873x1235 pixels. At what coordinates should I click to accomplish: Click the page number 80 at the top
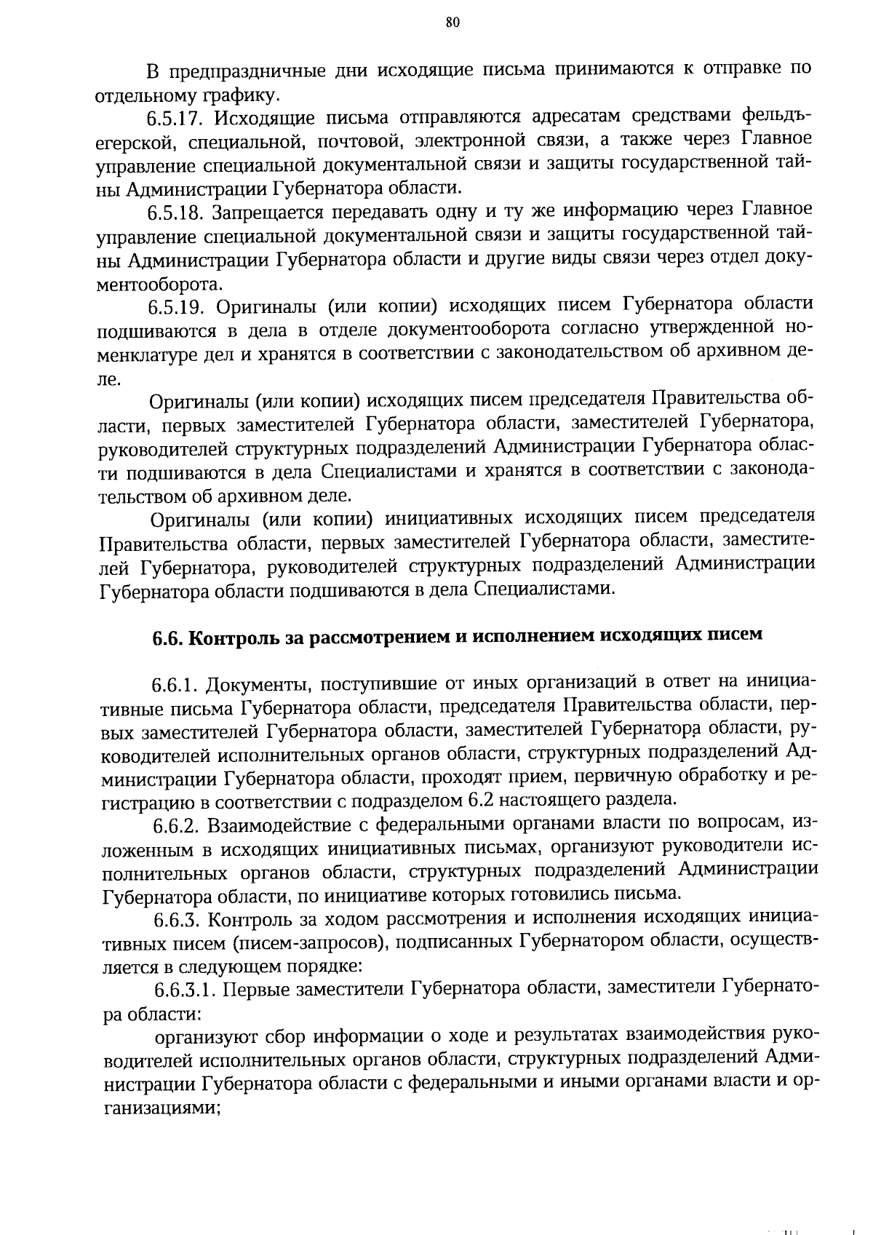pyautogui.click(x=451, y=23)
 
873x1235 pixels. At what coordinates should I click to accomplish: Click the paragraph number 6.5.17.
pyautogui.click(x=178, y=118)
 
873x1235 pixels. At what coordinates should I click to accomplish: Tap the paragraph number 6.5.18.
pyautogui.click(x=178, y=213)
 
